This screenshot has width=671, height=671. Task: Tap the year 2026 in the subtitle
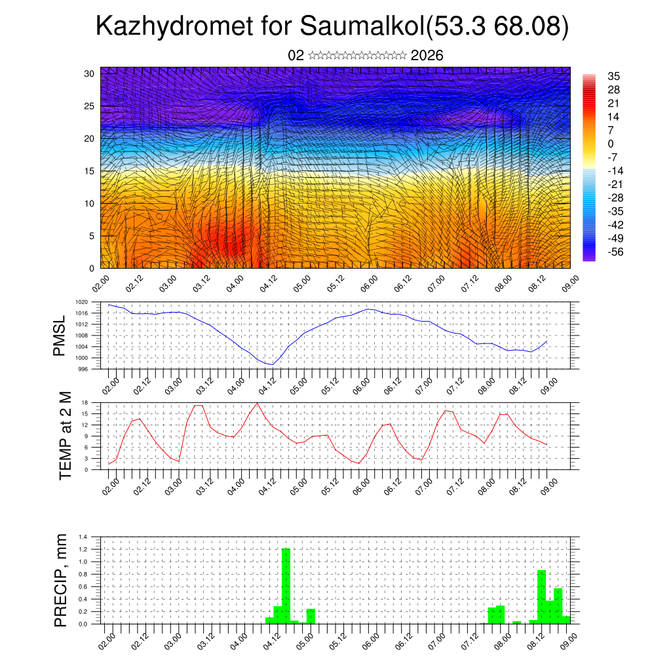(x=427, y=56)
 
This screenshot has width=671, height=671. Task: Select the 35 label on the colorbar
(x=614, y=76)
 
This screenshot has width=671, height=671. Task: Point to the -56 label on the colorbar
(x=615, y=252)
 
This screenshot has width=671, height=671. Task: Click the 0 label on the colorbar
(x=611, y=144)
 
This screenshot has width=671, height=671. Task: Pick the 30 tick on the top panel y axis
(x=90, y=73)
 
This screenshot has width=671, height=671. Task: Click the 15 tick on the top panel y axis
(x=90, y=171)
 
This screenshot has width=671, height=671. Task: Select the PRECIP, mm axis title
(x=61, y=581)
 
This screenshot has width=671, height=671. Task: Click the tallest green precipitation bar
(x=286, y=585)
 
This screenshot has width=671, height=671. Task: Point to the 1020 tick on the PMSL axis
(x=81, y=302)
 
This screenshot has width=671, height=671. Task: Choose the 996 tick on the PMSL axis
(x=83, y=368)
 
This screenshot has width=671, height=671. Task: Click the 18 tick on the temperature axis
(x=85, y=402)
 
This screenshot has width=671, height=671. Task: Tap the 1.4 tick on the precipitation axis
(x=83, y=537)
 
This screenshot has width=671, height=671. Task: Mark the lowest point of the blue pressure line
(x=272, y=364)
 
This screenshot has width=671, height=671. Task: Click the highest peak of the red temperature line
(x=258, y=403)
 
